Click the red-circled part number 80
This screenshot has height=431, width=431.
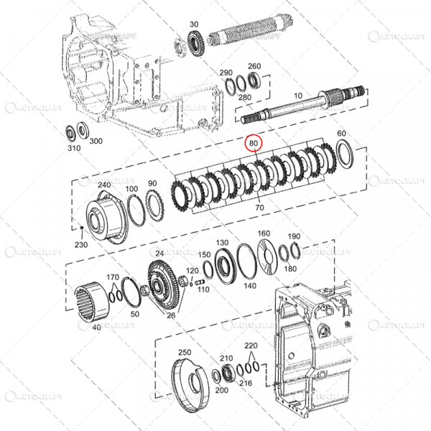coord(253,144)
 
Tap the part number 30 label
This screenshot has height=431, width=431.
coord(194,25)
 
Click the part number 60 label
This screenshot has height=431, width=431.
coord(341,134)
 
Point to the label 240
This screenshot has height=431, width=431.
coord(104,185)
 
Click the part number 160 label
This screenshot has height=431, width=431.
coord(264,233)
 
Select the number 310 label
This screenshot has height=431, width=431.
coord(73,149)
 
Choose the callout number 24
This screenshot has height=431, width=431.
coord(159,253)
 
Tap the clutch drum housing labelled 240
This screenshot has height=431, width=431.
coord(105,215)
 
